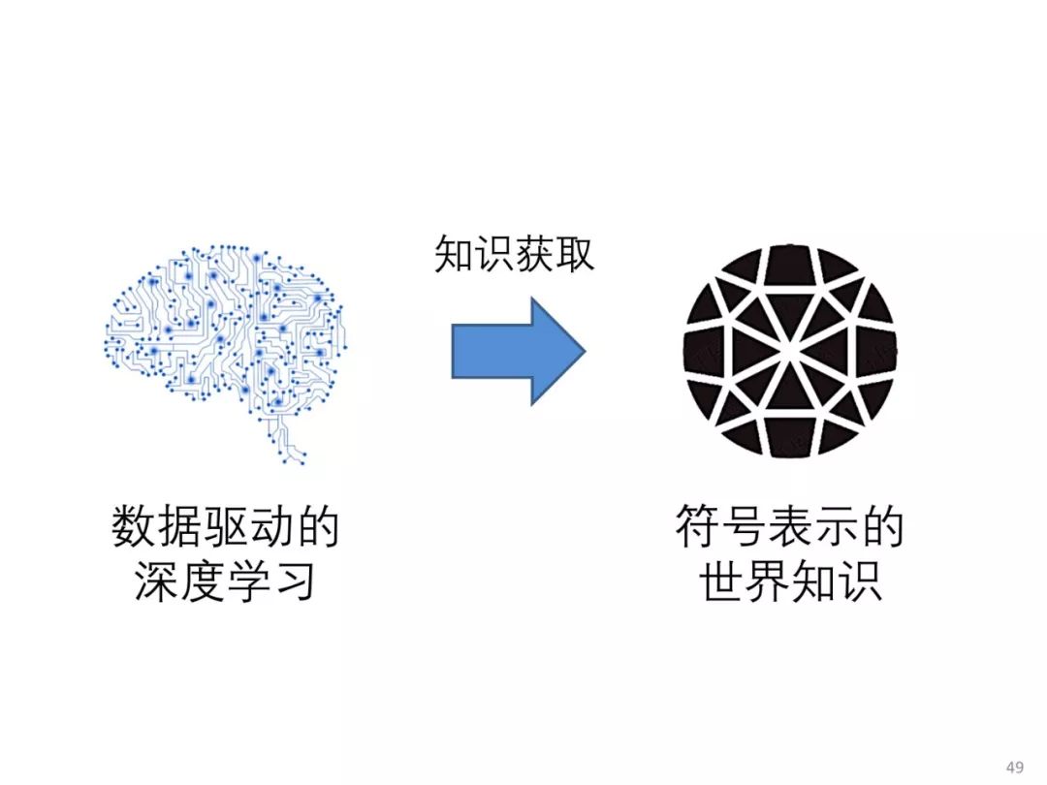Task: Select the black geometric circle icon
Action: (789, 350)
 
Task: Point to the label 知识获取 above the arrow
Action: (514, 255)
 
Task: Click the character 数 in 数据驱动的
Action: (134, 529)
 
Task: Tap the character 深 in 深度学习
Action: (157, 582)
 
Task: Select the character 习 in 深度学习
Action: (294, 582)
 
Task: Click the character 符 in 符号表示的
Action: (698, 529)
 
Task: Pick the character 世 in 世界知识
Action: (722, 582)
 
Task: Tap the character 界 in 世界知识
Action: (768, 582)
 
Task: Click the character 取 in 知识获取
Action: (575, 255)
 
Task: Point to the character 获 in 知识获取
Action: (534, 255)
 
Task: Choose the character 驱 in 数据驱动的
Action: (225, 529)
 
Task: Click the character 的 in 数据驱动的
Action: (317, 529)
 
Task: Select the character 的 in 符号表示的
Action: (881, 529)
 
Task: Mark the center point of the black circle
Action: (789, 350)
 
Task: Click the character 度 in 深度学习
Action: (203, 582)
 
